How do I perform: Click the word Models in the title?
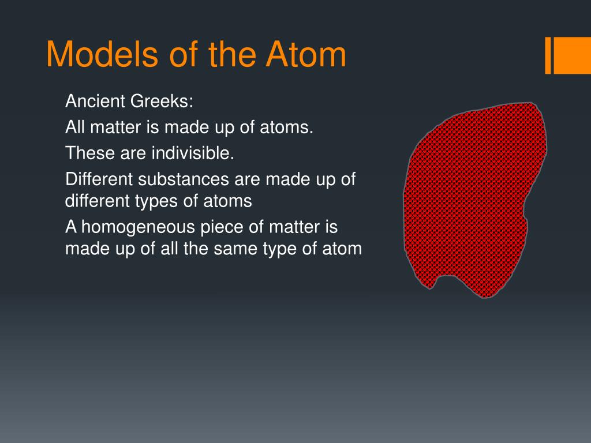click(x=102, y=54)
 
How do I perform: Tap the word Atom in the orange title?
click(x=306, y=54)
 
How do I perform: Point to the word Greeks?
click(x=162, y=101)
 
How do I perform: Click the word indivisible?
click(x=193, y=153)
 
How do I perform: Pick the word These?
click(x=91, y=153)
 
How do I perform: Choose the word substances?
click(x=183, y=179)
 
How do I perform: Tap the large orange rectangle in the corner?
click(x=572, y=55)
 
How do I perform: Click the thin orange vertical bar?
click(x=548, y=55)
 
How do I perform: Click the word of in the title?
click(x=184, y=54)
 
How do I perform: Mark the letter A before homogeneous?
click(x=71, y=227)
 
